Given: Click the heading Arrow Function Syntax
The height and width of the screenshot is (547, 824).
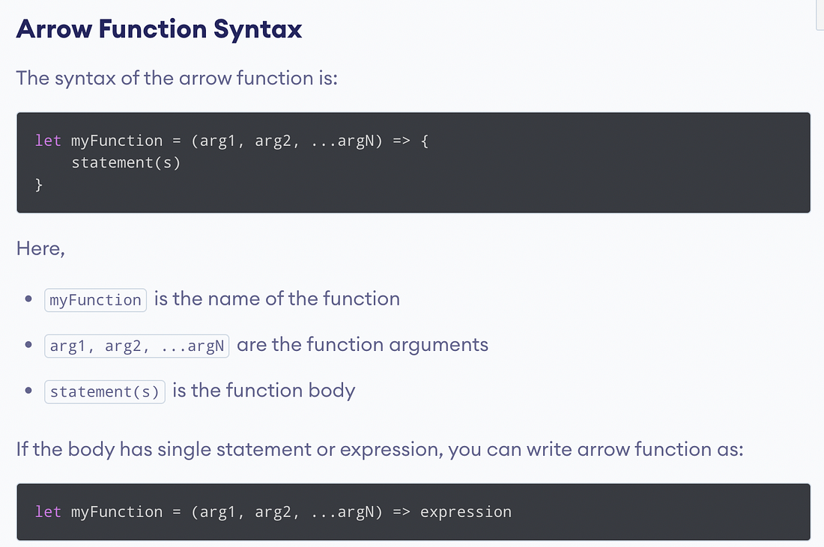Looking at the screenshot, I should (x=159, y=29).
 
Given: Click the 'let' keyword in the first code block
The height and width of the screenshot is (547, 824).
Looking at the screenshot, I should (x=48, y=141).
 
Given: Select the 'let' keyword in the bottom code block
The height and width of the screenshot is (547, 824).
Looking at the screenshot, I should (x=48, y=512).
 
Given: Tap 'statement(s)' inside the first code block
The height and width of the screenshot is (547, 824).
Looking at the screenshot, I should (x=126, y=162).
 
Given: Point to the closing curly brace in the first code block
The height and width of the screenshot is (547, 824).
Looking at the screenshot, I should (x=39, y=184).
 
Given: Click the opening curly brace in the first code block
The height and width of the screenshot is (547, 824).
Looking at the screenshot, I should (x=425, y=141).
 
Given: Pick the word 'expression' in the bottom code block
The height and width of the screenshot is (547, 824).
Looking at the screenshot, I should (x=465, y=512).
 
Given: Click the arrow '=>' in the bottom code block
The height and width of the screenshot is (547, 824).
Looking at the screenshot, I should (x=402, y=512).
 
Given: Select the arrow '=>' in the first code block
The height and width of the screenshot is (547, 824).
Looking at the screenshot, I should (x=402, y=141).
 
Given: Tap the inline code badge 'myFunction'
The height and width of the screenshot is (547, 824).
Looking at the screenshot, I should (x=95, y=300).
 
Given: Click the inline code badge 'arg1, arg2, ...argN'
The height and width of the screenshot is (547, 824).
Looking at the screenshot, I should (x=136, y=346).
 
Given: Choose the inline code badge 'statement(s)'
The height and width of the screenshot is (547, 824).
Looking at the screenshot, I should (x=104, y=391).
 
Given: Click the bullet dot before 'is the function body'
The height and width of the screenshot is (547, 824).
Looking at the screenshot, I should (x=28, y=391).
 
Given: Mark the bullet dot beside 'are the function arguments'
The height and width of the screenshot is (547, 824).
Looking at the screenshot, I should (x=28, y=346).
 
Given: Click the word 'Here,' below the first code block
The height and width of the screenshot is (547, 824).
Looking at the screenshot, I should (x=40, y=248).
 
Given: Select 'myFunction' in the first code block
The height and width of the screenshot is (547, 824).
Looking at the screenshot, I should (x=117, y=141).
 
